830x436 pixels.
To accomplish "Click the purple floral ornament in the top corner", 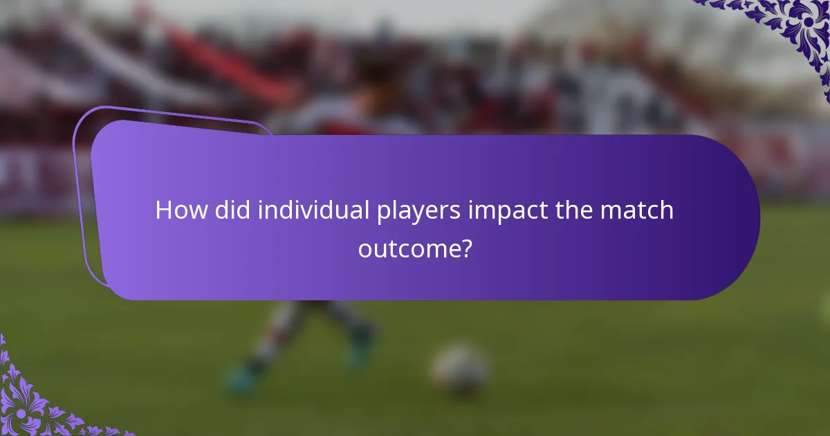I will tap(788, 28).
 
